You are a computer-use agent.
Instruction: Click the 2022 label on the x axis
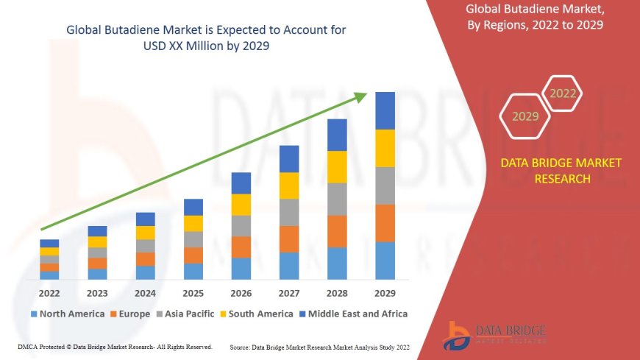(x=49, y=293)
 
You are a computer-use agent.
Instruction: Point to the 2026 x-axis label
(x=241, y=293)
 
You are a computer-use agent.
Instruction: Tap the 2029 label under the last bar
(x=385, y=293)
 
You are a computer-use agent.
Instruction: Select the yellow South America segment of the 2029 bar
(x=385, y=148)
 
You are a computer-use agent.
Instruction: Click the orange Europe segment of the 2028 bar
(x=337, y=231)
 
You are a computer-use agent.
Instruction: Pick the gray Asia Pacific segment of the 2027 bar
(x=289, y=212)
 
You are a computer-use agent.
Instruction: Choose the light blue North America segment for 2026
(x=241, y=269)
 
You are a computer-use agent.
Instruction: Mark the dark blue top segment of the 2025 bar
(x=193, y=207)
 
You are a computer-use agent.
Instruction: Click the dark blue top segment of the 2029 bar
(x=385, y=110)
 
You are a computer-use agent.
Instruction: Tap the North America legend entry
(x=67, y=314)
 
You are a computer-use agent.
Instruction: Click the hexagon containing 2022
(x=563, y=93)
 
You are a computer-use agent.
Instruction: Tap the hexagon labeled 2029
(x=525, y=116)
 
